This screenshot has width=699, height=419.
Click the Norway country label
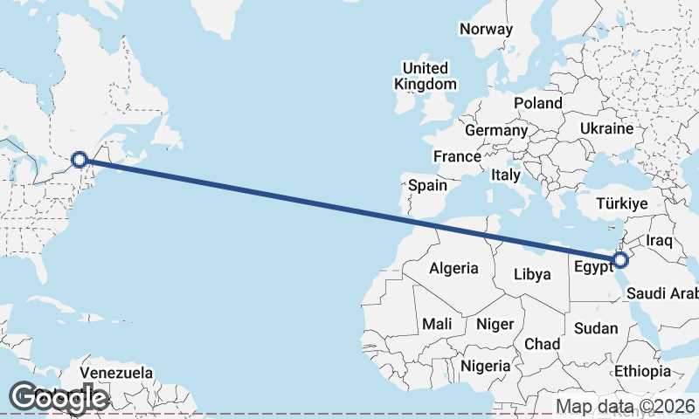point(486,29)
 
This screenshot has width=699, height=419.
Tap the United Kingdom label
point(426,76)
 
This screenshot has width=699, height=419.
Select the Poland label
point(537,103)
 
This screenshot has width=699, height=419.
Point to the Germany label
point(495,130)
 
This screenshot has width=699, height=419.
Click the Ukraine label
point(606,128)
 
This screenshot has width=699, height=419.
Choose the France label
point(457,157)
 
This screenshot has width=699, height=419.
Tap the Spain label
point(428,185)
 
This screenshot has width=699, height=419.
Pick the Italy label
point(505,175)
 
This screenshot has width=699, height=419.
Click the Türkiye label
point(621,203)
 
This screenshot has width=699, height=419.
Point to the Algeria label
point(453,268)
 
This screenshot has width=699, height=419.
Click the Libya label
point(532,274)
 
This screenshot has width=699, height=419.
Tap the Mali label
point(437,324)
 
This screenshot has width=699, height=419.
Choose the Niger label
point(495,324)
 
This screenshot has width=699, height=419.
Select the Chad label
point(542,344)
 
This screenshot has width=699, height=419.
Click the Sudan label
point(596,328)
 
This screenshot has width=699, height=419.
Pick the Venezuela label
point(116,373)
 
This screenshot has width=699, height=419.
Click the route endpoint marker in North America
point(80,160)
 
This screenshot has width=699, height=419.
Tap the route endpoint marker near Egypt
point(620,260)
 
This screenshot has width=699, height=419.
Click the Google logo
point(58,397)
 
